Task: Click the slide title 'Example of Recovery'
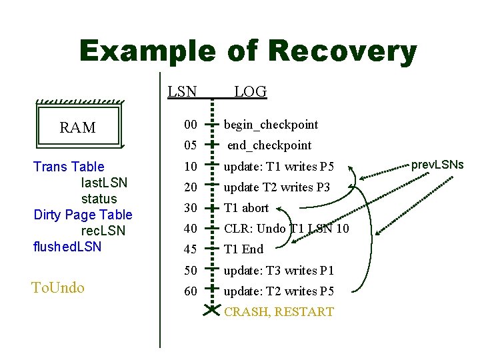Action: click(x=247, y=51)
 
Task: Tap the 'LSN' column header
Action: click(x=182, y=92)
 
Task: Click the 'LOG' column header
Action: click(x=250, y=92)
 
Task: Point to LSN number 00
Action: click(x=191, y=125)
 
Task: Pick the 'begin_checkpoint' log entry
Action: click(x=271, y=125)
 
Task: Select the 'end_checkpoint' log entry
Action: click(x=269, y=145)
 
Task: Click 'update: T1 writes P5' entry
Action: click(x=278, y=166)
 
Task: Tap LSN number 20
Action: click(x=191, y=187)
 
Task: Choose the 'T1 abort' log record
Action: click(x=246, y=208)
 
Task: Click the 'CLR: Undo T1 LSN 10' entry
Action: click(x=286, y=229)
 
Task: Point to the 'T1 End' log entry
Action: click(x=243, y=249)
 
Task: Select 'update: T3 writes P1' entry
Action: click(x=278, y=271)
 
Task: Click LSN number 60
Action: click(x=191, y=291)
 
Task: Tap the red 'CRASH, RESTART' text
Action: click(x=279, y=312)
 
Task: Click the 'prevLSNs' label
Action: click(x=437, y=164)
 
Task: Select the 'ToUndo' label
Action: click(x=58, y=288)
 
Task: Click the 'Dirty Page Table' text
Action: click(x=83, y=215)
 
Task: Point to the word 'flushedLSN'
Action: click(x=67, y=247)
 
